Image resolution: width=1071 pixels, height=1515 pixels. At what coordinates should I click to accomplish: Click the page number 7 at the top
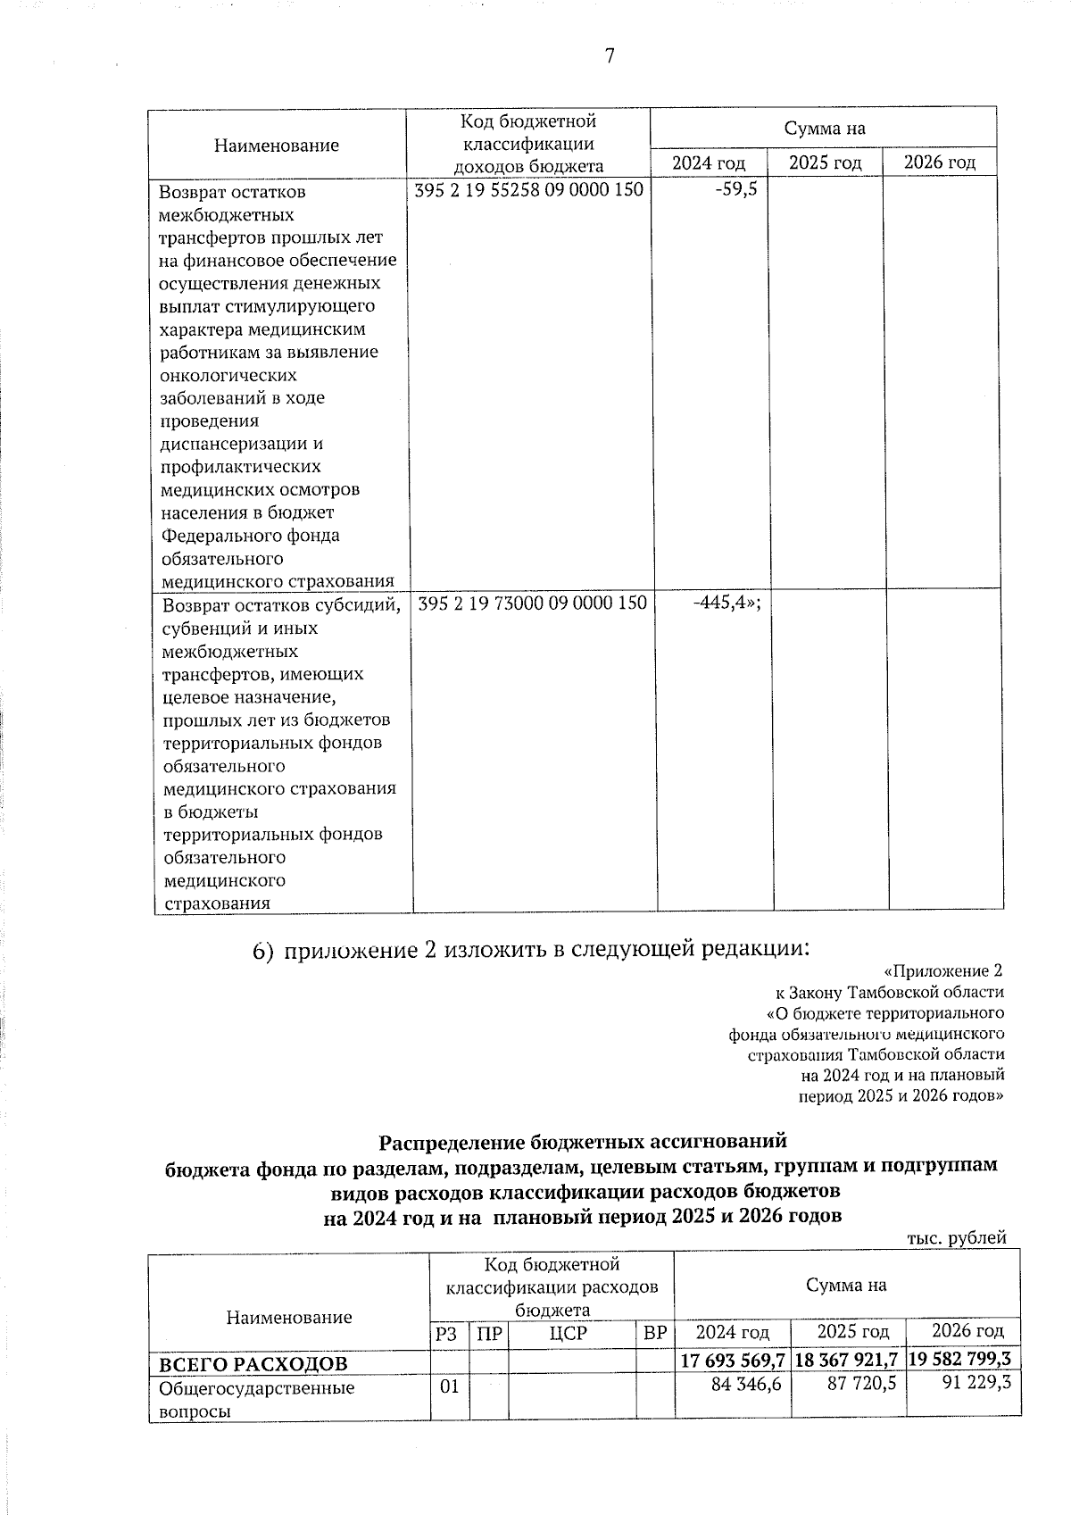point(610,57)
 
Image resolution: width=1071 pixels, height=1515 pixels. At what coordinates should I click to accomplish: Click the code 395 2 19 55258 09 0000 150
point(530,189)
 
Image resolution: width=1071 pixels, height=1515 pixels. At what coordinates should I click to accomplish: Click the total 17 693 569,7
point(732,1362)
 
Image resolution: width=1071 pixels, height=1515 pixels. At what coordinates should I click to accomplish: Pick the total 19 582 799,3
point(964,1362)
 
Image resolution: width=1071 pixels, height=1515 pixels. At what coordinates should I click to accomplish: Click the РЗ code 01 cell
point(448,1388)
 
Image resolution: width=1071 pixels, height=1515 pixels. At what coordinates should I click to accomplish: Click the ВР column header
point(655,1334)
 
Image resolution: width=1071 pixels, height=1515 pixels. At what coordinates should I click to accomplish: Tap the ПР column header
point(488,1334)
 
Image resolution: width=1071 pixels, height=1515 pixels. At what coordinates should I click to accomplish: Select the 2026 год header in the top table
point(939,162)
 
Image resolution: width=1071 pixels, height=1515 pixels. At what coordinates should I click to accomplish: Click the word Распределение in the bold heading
point(452,1142)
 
